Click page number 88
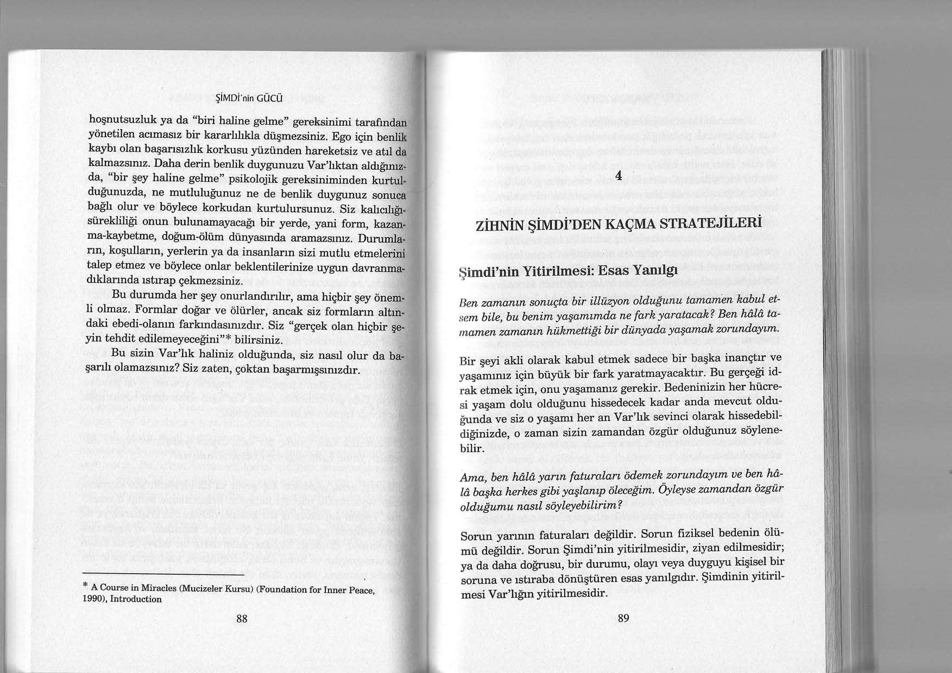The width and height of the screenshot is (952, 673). click(x=242, y=619)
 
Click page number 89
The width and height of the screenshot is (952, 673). click(x=623, y=618)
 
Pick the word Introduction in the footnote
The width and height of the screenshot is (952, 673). click(x=136, y=600)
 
